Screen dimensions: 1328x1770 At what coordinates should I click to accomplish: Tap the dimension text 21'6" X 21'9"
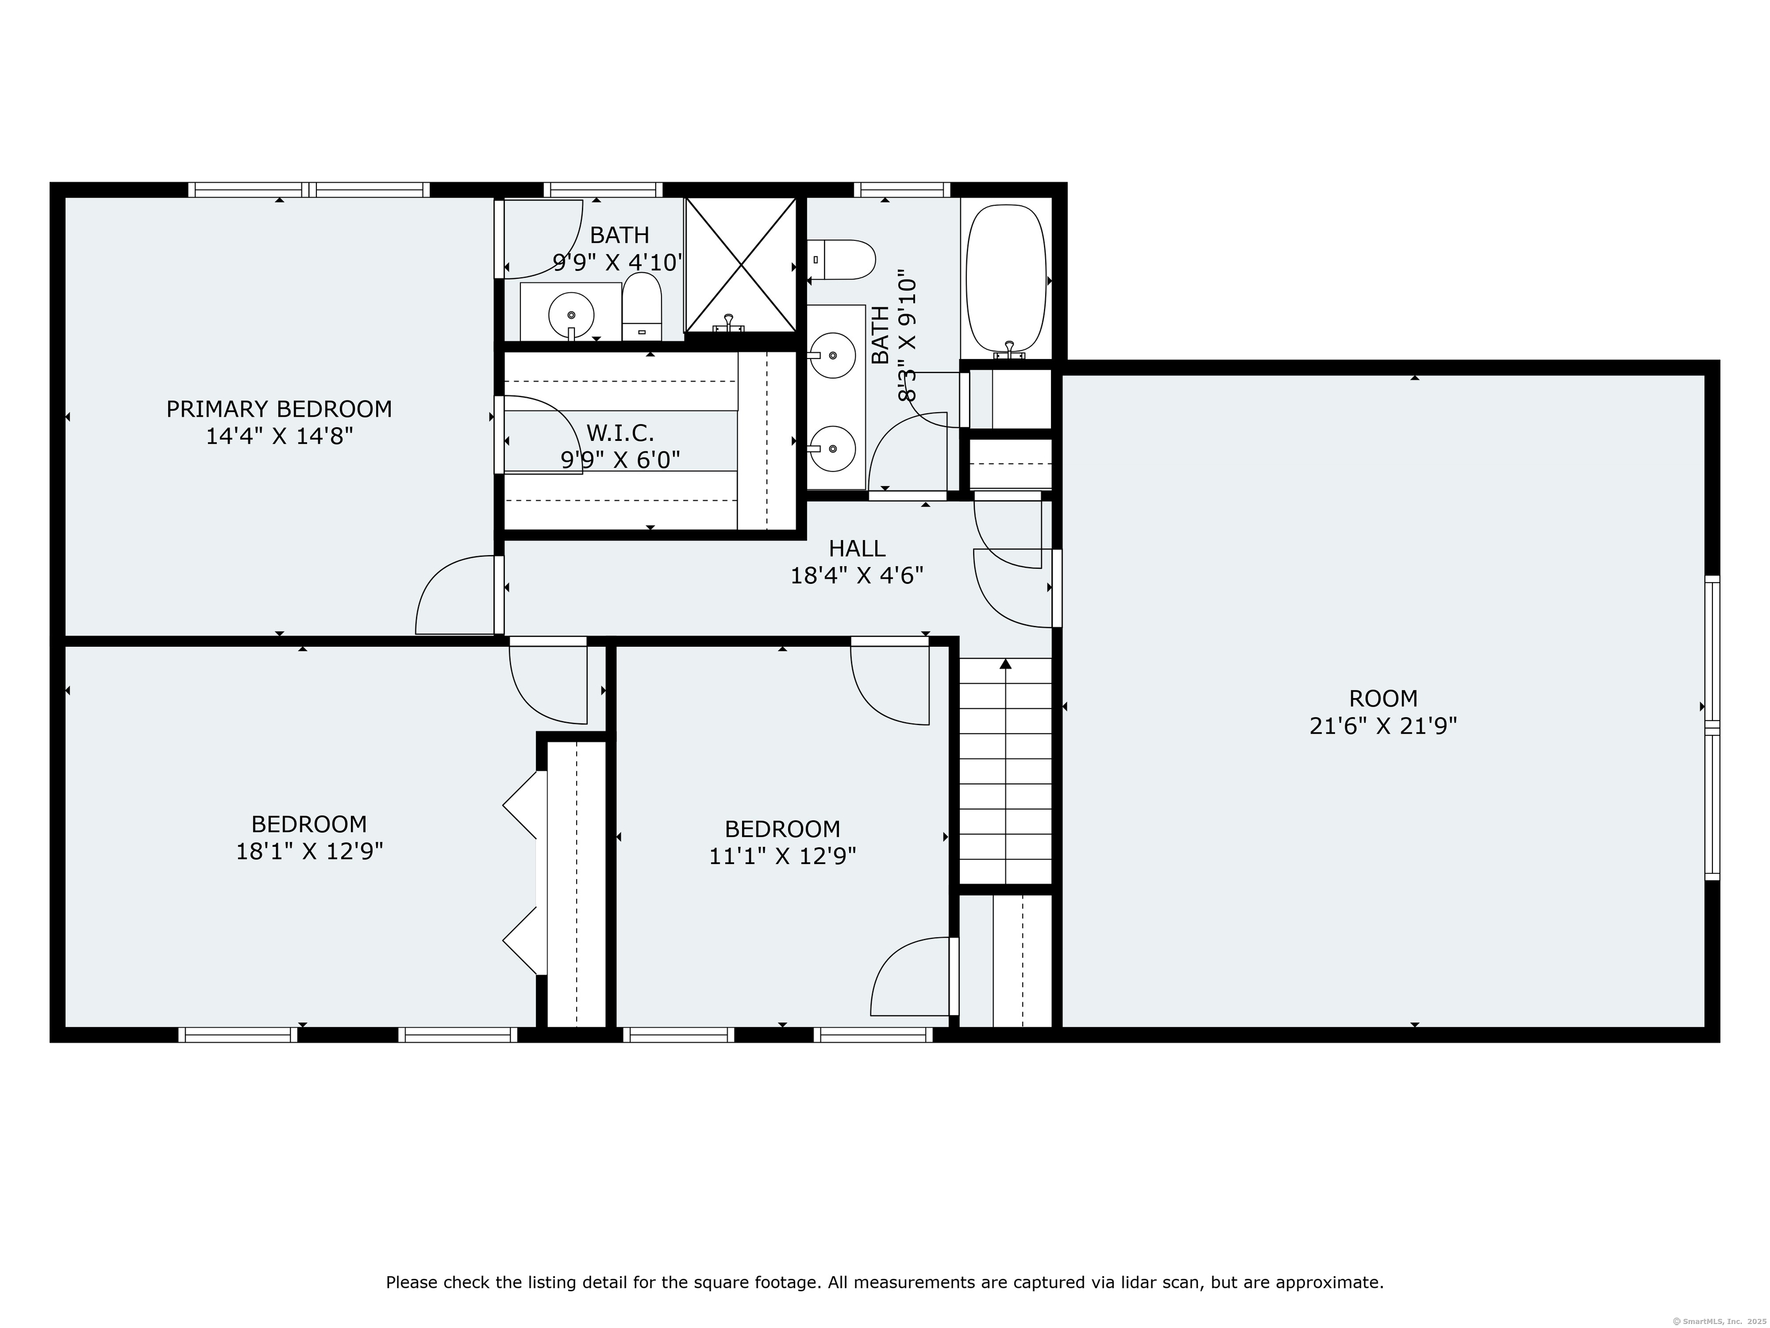tap(1383, 726)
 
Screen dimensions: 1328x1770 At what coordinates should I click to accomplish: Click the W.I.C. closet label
tap(620, 433)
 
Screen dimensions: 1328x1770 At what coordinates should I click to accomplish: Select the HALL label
tap(856, 548)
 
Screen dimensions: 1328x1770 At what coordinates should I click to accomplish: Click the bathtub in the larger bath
tap(1006, 276)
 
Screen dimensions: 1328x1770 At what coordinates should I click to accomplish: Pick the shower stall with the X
tap(741, 264)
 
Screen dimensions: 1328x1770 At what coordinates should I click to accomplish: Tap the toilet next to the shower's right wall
tap(842, 259)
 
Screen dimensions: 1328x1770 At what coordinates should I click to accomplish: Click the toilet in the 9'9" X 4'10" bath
tap(642, 306)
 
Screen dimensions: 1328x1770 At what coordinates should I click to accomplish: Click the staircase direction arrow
tap(1006, 663)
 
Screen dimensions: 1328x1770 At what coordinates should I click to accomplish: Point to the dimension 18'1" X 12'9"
tap(309, 851)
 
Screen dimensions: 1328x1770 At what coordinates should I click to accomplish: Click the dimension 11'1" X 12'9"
tap(782, 856)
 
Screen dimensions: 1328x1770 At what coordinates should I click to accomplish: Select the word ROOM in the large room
tap(1383, 698)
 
